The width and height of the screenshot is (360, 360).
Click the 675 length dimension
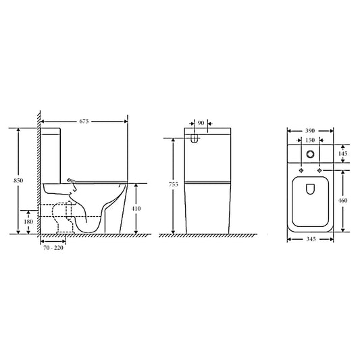pyautogui.click(x=84, y=122)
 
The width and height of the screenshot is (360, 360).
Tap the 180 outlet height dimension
pyautogui.click(x=28, y=220)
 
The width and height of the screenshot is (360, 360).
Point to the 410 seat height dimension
pyautogui.click(x=136, y=209)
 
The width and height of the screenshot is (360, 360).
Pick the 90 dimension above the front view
pyautogui.click(x=201, y=123)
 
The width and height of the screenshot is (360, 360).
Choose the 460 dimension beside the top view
pyautogui.click(x=344, y=201)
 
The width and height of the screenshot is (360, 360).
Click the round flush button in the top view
pyautogui.click(x=311, y=154)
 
